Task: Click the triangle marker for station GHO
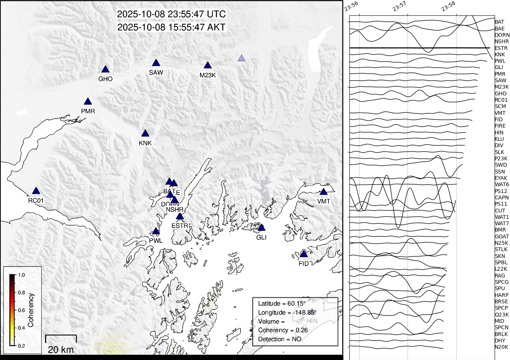click(x=105, y=69)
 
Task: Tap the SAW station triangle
click(x=156, y=63)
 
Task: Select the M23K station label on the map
click(x=208, y=75)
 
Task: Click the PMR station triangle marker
click(x=88, y=102)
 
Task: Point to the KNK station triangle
click(x=145, y=134)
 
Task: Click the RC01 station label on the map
click(x=36, y=200)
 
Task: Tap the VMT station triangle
click(x=323, y=192)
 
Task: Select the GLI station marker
click(x=262, y=228)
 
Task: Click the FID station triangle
click(x=304, y=254)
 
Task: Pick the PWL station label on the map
click(x=156, y=241)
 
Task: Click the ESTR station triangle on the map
click(x=180, y=217)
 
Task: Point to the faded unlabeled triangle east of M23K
click(x=242, y=58)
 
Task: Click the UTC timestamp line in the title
click(x=171, y=14)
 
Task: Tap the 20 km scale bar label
click(x=61, y=350)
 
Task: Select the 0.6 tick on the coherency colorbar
click(x=21, y=310)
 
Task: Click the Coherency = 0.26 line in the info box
click(x=283, y=330)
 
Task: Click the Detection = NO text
click(x=280, y=339)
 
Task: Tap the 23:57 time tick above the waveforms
click(x=399, y=6)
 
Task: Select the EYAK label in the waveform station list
click(x=501, y=178)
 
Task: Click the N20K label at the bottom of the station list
click(x=501, y=347)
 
